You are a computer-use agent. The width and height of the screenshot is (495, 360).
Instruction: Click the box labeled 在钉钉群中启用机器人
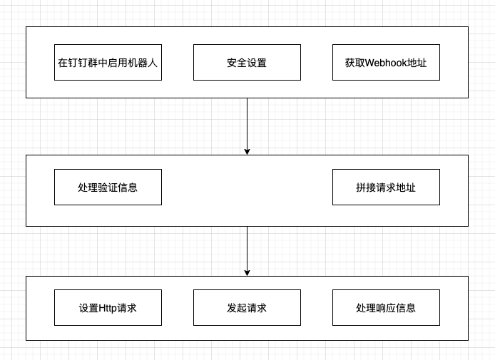click(108, 62)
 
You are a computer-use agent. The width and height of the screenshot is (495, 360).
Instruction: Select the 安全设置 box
click(247, 62)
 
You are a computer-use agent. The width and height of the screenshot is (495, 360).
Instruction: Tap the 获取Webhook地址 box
click(386, 62)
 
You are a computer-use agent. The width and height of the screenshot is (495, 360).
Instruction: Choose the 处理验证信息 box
click(108, 187)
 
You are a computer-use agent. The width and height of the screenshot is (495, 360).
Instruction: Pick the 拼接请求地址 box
click(386, 187)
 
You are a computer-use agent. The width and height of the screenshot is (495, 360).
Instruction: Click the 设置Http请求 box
click(108, 308)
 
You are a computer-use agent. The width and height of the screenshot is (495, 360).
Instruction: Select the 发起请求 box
click(247, 308)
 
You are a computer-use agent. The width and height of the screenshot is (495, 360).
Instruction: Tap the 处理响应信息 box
click(386, 308)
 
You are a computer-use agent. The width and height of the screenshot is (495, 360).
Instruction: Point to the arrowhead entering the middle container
click(247, 150)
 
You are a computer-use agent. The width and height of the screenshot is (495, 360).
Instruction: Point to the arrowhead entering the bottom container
click(247, 272)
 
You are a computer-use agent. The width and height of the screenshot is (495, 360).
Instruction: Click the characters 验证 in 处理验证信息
click(108, 187)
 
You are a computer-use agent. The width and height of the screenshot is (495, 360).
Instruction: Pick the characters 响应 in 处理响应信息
click(386, 308)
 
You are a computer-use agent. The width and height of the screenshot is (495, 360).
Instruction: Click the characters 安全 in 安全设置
click(237, 62)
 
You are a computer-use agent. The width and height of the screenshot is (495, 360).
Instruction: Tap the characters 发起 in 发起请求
click(237, 308)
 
